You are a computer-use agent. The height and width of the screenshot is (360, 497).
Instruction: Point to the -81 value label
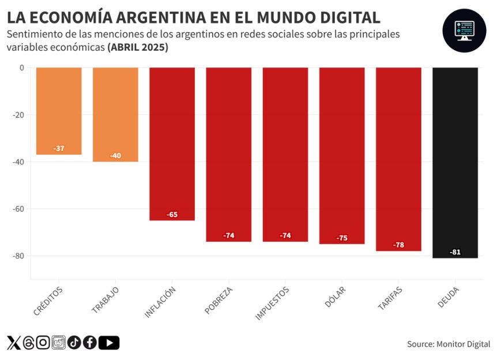pos(455,252)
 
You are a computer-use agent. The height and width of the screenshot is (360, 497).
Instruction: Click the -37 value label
pos(59,149)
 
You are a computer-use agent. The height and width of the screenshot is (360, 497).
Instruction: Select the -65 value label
pos(172,215)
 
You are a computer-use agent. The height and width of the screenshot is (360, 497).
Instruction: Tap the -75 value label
pos(342,238)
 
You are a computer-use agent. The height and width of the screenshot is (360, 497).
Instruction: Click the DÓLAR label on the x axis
pos(336,297)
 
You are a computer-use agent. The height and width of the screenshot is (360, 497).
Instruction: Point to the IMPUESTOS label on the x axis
pos(272,303)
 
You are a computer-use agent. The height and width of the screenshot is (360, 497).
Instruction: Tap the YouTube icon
pos(109,343)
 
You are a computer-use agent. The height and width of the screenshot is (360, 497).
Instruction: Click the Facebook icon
pos(89,343)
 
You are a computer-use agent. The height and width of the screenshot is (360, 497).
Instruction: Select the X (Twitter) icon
pos(13,343)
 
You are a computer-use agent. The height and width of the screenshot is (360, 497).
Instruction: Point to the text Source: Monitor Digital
pos(449,344)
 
